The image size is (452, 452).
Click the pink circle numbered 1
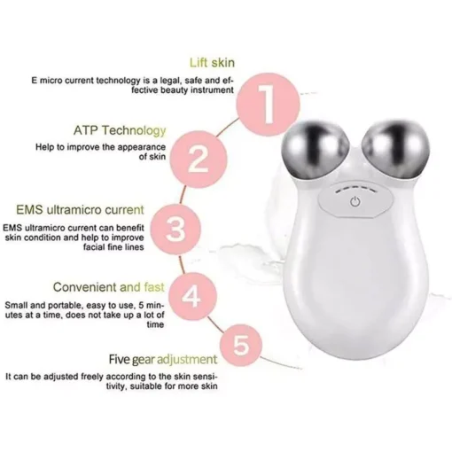(268, 105)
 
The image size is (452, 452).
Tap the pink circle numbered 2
(199, 159)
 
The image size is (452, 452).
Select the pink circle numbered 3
(175, 230)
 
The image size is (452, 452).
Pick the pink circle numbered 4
(191, 296)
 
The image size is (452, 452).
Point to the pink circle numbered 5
(241, 345)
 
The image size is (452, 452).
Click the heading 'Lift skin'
(212, 63)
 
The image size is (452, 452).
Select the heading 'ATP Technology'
(120, 130)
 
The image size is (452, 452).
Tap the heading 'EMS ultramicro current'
(80, 209)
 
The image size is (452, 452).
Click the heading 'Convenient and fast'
(108, 287)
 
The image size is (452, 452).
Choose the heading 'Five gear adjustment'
(163, 360)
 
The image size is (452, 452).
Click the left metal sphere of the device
(316, 152)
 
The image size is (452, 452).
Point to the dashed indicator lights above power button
(355, 190)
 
